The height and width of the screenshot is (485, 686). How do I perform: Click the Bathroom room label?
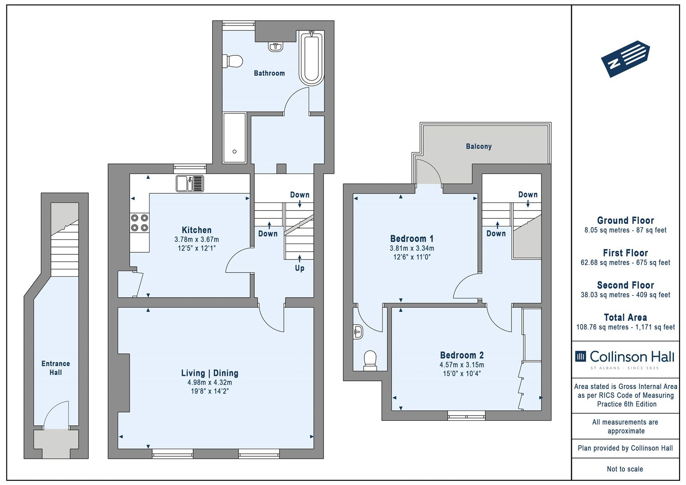click(269, 73)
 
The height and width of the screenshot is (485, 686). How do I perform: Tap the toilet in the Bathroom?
click(233, 61)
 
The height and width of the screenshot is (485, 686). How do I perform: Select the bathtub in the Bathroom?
click(311, 57)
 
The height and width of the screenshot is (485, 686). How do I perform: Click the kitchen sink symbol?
click(190, 183)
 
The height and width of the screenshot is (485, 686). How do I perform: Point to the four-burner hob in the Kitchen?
click(140, 223)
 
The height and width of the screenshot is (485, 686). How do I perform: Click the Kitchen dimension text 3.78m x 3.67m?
click(197, 239)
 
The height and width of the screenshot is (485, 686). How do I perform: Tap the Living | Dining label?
click(210, 373)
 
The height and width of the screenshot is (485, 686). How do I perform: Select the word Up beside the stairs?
click(300, 268)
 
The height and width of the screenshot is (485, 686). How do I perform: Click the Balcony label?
click(478, 147)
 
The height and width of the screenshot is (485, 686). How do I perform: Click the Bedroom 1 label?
click(412, 238)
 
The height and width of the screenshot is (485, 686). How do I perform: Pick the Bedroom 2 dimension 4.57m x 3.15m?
click(462, 365)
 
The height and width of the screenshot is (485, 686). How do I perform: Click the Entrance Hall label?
click(56, 368)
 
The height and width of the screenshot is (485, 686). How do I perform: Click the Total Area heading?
click(626, 317)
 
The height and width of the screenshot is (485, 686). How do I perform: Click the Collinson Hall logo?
click(625, 359)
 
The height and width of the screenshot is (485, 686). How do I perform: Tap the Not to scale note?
click(625, 469)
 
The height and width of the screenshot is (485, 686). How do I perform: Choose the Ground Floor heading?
click(626, 220)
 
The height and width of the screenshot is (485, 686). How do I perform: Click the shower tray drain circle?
click(235, 152)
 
